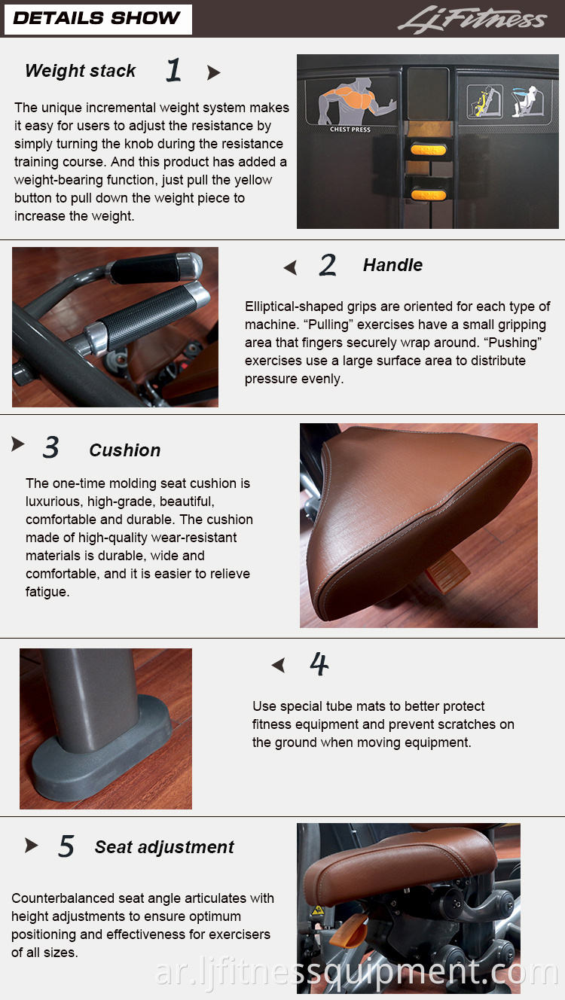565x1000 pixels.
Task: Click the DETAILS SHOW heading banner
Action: click(x=98, y=19)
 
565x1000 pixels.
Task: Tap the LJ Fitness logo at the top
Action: click(x=472, y=19)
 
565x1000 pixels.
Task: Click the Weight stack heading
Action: click(x=81, y=71)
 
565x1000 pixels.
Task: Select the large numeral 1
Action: click(x=174, y=70)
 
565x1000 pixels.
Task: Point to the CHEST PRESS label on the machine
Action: click(x=350, y=130)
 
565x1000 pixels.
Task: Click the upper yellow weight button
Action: click(x=429, y=149)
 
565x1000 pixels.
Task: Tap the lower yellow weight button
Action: click(x=429, y=194)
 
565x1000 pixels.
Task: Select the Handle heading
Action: click(x=392, y=265)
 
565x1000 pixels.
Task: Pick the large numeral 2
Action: click(x=328, y=265)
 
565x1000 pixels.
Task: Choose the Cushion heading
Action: click(x=125, y=450)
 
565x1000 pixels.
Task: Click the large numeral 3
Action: click(x=51, y=447)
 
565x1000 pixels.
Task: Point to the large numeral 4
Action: click(x=319, y=664)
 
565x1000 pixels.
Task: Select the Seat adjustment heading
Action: click(x=164, y=847)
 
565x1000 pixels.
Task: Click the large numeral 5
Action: click(x=66, y=846)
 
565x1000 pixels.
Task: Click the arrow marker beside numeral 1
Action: click(x=213, y=72)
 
